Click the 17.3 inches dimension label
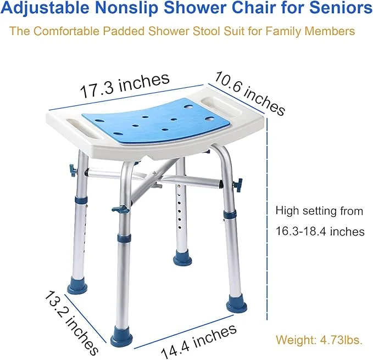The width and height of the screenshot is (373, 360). click(125, 85)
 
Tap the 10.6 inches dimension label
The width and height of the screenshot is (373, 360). click(250, 94)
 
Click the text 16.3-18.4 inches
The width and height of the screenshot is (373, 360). click(320, 232)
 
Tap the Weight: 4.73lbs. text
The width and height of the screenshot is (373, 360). click(319, 340)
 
